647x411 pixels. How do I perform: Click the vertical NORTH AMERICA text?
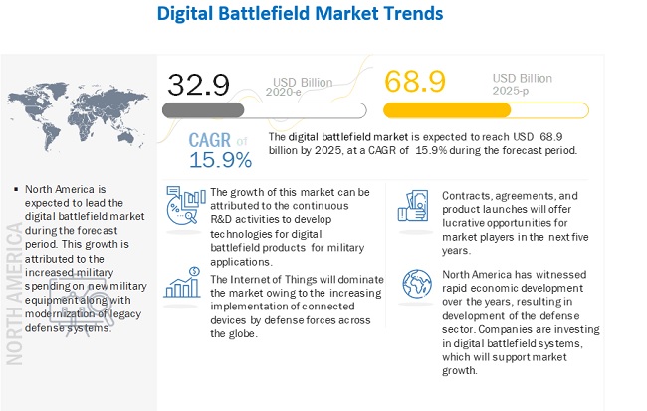16,293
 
